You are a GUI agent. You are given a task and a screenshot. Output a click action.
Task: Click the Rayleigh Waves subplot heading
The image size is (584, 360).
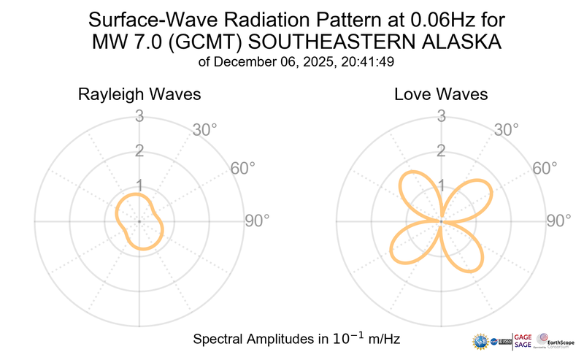pyautogui.click(x=139, y=95)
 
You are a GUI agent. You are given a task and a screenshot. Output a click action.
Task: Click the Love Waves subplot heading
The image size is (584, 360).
pyautogui.click(x=441, y=95)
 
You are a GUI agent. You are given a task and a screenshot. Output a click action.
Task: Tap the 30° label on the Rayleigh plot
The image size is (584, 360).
pyautogui.click(x=205, y=131)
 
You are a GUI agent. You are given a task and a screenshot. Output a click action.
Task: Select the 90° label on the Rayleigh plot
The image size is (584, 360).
pyautogui.click(x=257, y=221)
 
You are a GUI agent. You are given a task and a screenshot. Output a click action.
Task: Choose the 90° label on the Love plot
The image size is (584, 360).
pyautogui.click(x=560, y=221)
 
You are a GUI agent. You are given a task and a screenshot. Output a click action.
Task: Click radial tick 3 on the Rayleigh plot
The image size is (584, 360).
pyautogui.click(x=138, y=116)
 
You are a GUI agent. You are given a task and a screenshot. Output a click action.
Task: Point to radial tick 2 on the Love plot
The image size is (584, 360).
pyautogui.click(x=441, y=151)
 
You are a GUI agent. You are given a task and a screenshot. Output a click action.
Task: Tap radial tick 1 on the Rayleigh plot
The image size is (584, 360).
pyautogui.click(x=138, y=185)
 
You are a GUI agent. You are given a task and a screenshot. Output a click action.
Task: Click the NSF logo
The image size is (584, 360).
pyautogui.click(x=480, y=342)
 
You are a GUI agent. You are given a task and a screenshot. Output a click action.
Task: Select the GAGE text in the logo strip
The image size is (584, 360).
pyautogui.click(x=523, y=336)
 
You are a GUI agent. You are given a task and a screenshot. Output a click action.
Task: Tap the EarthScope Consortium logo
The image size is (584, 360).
pyautogui.click(x=556, y=341)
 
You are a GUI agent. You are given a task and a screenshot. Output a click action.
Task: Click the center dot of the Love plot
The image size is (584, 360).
pyautogui.click(x=441, y=221)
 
